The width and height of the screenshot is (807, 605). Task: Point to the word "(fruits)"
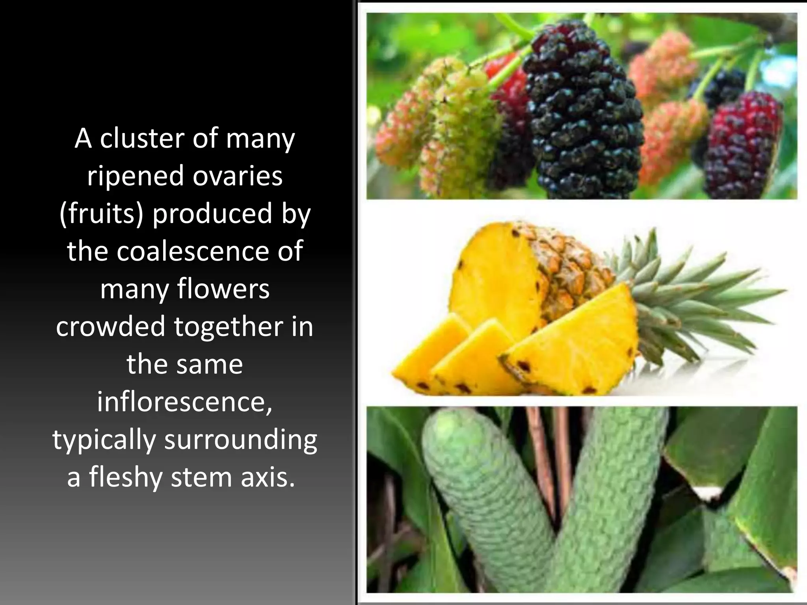(x=101, y=214)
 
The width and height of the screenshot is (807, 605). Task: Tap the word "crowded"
(x=110, y=326)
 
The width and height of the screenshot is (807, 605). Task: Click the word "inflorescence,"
(x=184, y=402)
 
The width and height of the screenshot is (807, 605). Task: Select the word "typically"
(x=104, y=440)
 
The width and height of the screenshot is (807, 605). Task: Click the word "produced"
(x=212, y=213)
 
